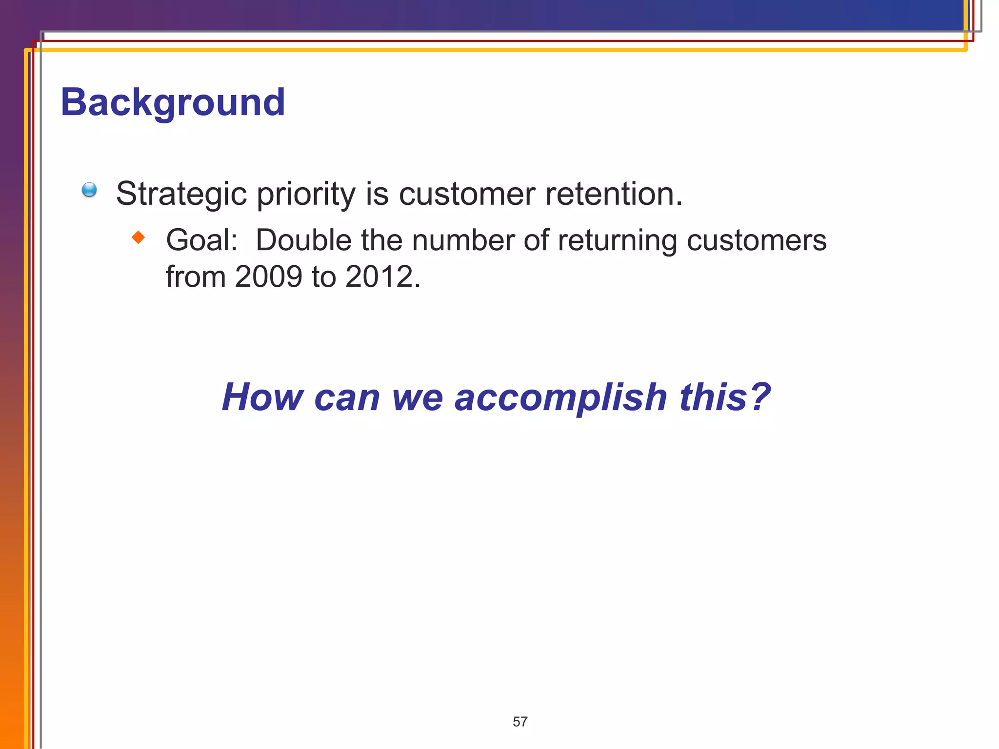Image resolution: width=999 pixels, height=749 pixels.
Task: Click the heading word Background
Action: coord(173,102)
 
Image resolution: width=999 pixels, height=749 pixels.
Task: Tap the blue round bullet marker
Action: coord(89,190)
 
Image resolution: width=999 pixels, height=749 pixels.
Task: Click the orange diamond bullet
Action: coord(139,237)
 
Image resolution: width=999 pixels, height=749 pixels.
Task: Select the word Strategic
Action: coord(181,194)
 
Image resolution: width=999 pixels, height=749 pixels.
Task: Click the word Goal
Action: coord(201,240)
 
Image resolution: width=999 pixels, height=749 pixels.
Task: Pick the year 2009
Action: coord(268,277)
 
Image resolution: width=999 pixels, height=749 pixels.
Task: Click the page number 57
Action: coord(520,722)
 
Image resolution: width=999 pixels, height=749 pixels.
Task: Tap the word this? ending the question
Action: coord(725,397)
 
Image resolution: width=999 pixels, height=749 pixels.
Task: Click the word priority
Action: coord(306,194)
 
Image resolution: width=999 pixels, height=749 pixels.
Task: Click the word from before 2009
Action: coord(196,277)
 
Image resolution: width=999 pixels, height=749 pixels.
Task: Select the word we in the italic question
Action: coord(418,397)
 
